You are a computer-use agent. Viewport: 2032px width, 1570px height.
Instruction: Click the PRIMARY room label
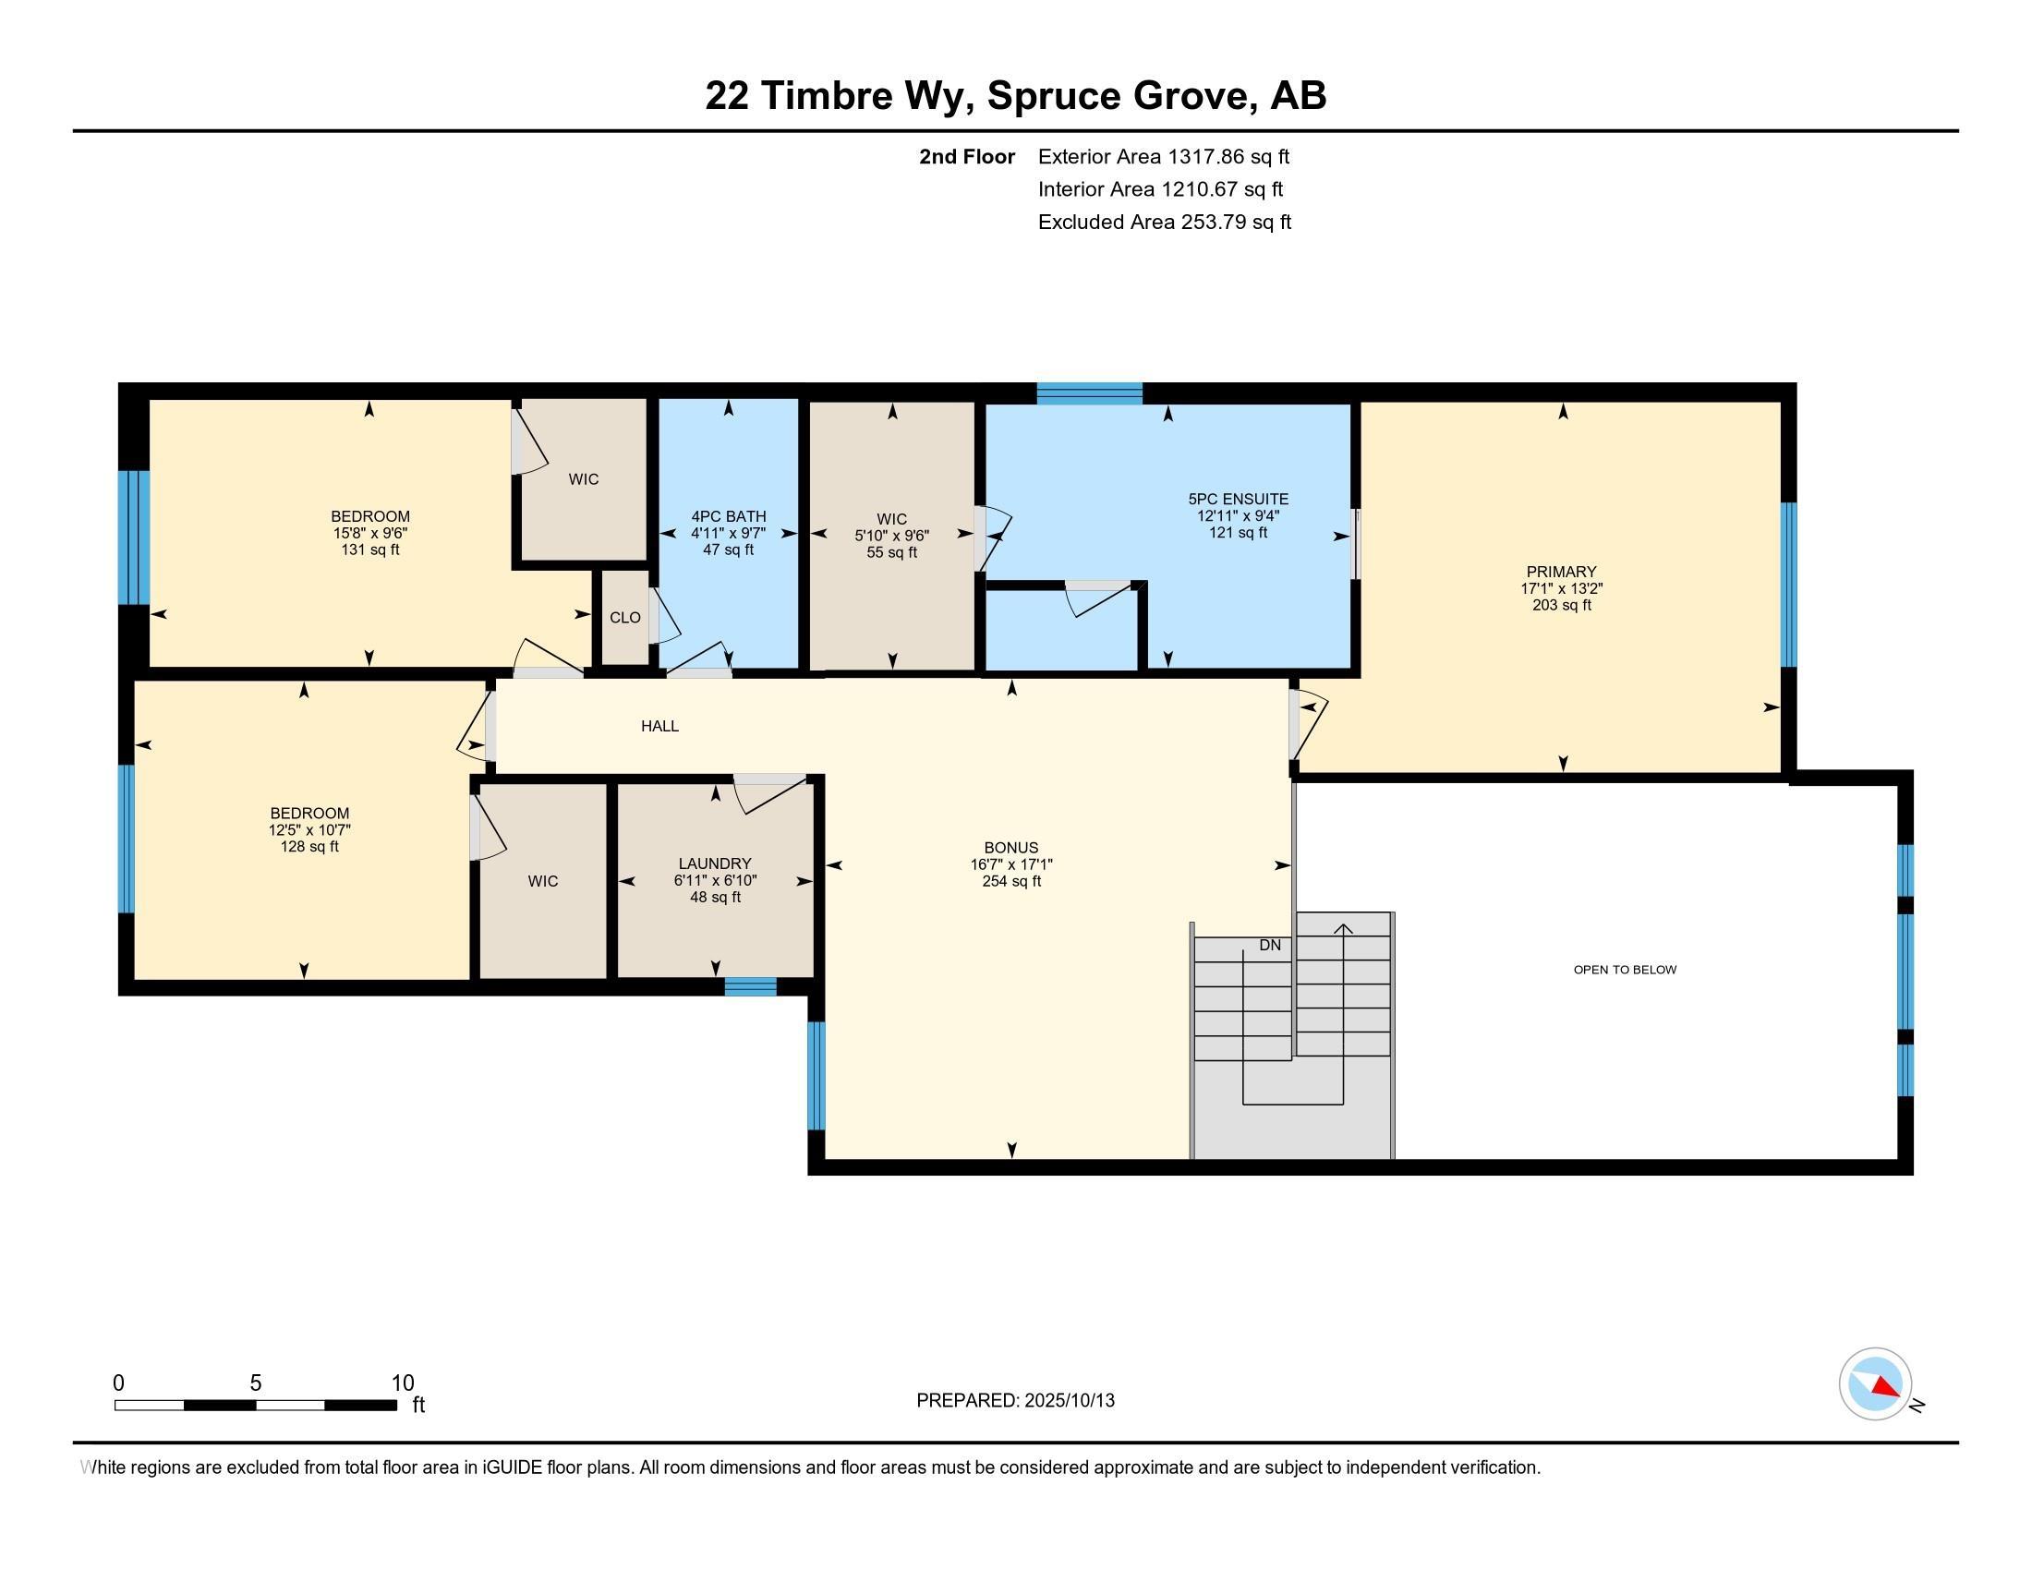1561,572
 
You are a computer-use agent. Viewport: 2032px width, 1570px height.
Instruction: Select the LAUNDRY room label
715,864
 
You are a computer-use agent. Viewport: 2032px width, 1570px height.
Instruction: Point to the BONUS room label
1011,848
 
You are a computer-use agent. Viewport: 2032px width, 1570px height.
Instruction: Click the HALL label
659,727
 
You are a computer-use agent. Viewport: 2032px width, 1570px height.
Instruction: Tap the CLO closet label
625,618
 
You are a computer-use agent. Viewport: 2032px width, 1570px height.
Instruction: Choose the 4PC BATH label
729,516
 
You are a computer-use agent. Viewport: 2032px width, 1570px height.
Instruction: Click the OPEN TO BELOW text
1625,969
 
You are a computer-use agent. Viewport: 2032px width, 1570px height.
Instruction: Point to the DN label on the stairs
1270,945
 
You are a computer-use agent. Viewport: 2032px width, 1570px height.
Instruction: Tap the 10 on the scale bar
403,1383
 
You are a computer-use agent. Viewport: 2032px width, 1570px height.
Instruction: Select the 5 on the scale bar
256,1383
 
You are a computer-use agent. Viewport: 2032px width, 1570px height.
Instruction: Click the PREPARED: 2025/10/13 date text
1015,1401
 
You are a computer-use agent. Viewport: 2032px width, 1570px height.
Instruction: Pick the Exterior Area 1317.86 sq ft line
1164,156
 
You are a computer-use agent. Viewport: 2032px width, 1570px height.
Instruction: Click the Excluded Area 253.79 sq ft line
1165,222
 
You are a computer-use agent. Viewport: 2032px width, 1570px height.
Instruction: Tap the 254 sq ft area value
1011,882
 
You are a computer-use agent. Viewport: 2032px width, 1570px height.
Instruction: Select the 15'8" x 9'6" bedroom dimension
370,533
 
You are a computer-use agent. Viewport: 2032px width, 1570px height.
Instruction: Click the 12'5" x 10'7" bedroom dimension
309,830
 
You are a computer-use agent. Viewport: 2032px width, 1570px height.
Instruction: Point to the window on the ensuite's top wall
1090,393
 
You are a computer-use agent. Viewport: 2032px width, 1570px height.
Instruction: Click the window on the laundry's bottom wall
750,987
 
